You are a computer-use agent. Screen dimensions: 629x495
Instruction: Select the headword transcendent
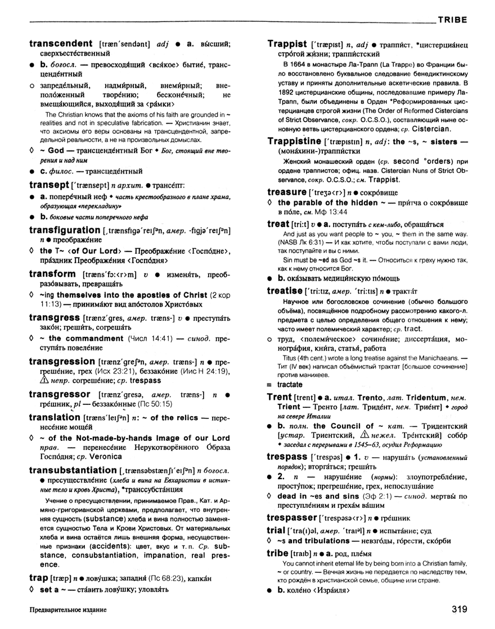point(61,43)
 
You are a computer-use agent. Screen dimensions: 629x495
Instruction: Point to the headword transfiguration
point(65,230)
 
